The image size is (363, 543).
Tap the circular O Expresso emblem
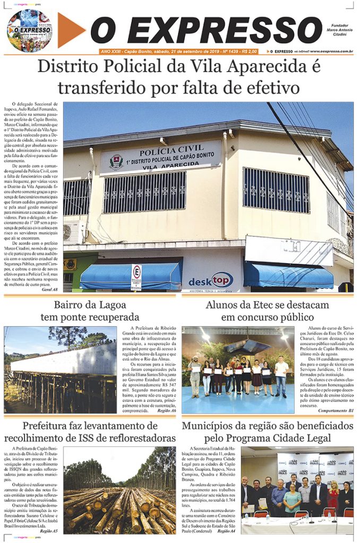click(30, 30)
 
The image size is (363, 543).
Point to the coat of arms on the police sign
click(116, 161)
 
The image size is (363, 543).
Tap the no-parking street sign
click(136, 277)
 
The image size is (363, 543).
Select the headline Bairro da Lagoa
click(90, 305)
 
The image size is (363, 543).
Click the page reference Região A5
click(49, 530)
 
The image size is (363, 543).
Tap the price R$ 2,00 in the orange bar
click(249, 51)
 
